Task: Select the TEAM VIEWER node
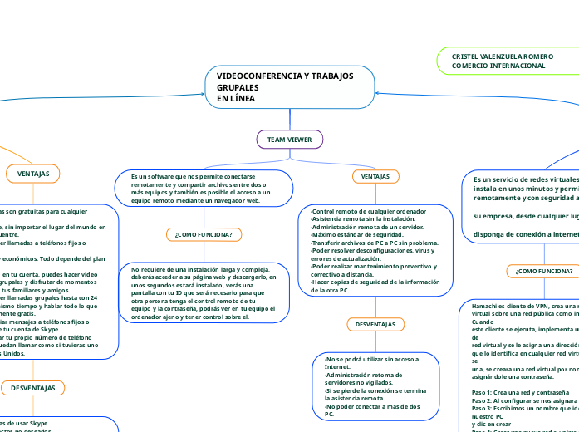click(289, 139)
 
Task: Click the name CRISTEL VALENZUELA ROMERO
click(497, 56)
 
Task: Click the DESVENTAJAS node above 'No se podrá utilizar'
click(374, 323)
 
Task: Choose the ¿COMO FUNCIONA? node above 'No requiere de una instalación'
click(204, 235)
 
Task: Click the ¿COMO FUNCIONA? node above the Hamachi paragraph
click(543, 271)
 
